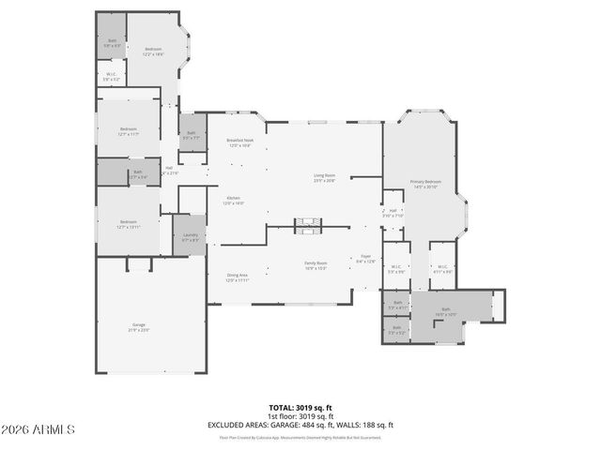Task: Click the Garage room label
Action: pyautogui.click(x=138, y=327)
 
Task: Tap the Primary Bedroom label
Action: pyautogui.click(x=425, y=184)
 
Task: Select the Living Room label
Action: pyautogui.click(x=325, y=177)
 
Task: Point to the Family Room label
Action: pyautogui.click(x=316, y=266)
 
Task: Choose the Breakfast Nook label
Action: pyautogui.click(x=239, y=142)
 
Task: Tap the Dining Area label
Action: pyautogui.click(x=237, y=277)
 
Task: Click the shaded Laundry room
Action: pyautogui.click(x=190, y=237)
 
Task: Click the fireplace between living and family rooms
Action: pyautogui.click(x=308, y=226)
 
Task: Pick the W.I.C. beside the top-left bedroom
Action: pyautogui.click(x=111, y=77)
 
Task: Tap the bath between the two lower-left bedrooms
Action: pyautogui.click(x=137, y=173)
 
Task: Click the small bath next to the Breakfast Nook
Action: pyautogui.click(x=191, y=135)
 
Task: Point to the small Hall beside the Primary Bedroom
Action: pyautogui.click(x=394, y=213)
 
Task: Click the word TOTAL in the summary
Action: pyautogui.click(x=281, y=409)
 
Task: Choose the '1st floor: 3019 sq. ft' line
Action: pyautogui.click(x=300, y=416)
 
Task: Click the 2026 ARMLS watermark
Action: pyautogui.click(x=39, y=429)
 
